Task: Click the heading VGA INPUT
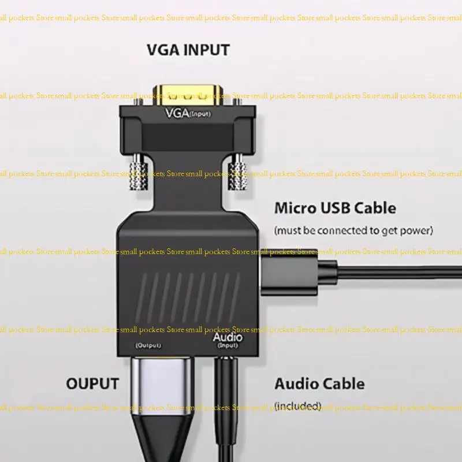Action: [x=188, y=50]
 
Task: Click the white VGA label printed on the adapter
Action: [x=177, y=113]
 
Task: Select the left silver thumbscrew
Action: [x=139, y=174]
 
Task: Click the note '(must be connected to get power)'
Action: [x=353, y=230]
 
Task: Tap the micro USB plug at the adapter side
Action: [x=289, y=270]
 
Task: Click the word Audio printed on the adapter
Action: [x=228, y=337]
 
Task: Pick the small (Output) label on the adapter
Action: [x=148, y=345]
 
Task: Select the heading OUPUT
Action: [x=92, y=383]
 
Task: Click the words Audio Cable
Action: [x=319, y=383]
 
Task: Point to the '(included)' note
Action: [x=297, y=406]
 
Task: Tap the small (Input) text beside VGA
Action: [x=201, y=114]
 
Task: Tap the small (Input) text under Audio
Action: [x=228, y=346]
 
